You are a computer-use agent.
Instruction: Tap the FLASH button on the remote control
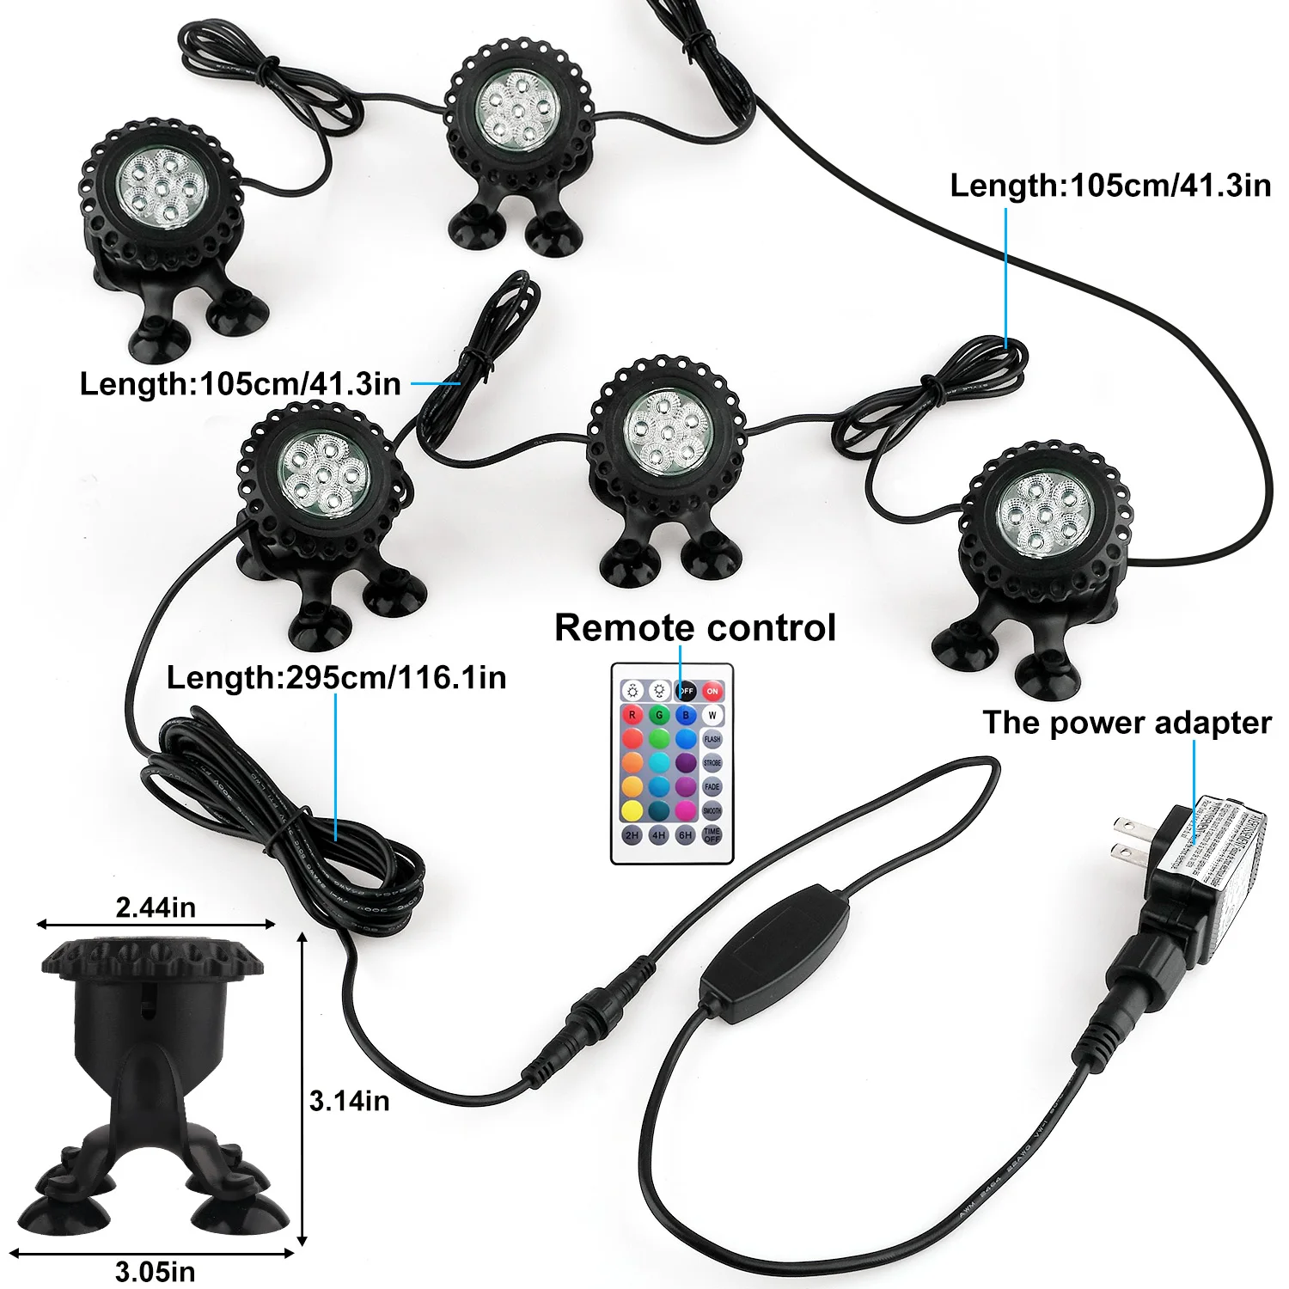712,739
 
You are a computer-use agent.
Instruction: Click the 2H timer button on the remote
632,834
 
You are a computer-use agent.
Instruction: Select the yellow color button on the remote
632,810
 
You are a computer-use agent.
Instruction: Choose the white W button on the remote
712,715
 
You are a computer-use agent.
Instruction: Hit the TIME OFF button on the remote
712,834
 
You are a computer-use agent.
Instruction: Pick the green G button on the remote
659,715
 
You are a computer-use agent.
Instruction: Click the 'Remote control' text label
694,628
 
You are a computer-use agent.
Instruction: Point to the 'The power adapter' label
1127,723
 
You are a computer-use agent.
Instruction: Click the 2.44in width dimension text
156,907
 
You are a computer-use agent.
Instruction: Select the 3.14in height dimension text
349,1101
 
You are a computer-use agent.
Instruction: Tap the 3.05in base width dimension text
156,1271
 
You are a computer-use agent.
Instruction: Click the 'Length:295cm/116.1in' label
336,678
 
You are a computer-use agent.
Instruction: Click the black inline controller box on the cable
775,952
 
